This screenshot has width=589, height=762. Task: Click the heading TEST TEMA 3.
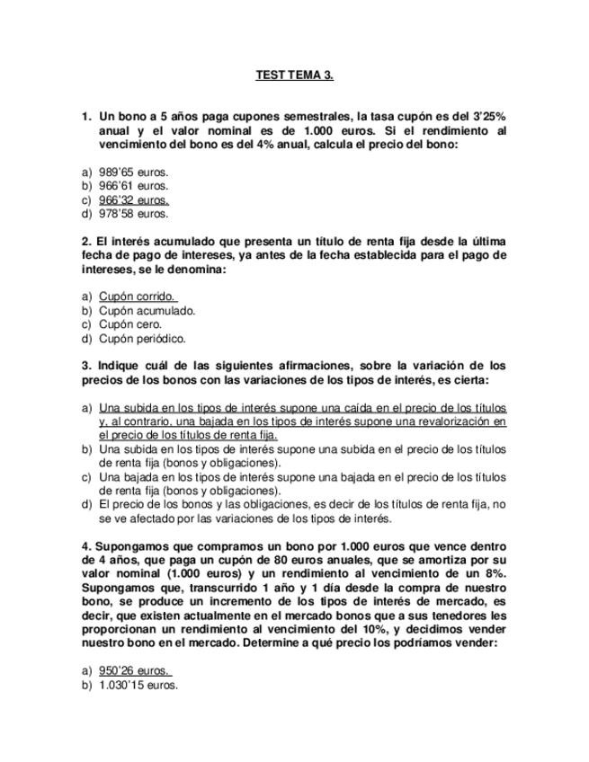click(294, 75)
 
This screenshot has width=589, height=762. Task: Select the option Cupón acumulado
click(147, 310)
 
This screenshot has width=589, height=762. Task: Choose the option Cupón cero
click(130, 324)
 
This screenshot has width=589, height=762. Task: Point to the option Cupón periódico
click(142, 339)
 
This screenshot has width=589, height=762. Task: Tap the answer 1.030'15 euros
click(138, 685)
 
